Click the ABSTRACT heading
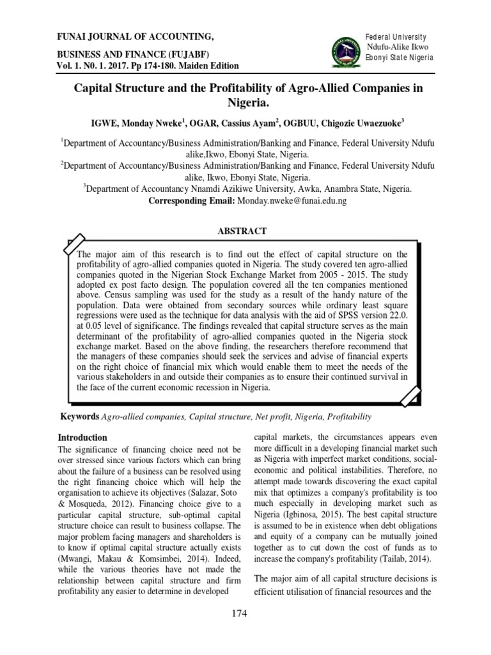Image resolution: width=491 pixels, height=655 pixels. (245, 231)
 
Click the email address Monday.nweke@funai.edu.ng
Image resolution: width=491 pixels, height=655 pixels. (292, 200)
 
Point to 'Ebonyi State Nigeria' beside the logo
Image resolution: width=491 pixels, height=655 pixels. (399, 58)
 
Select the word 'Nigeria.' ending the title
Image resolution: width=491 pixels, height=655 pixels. (246, 101)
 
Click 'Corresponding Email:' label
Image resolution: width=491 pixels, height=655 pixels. (191, 200)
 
